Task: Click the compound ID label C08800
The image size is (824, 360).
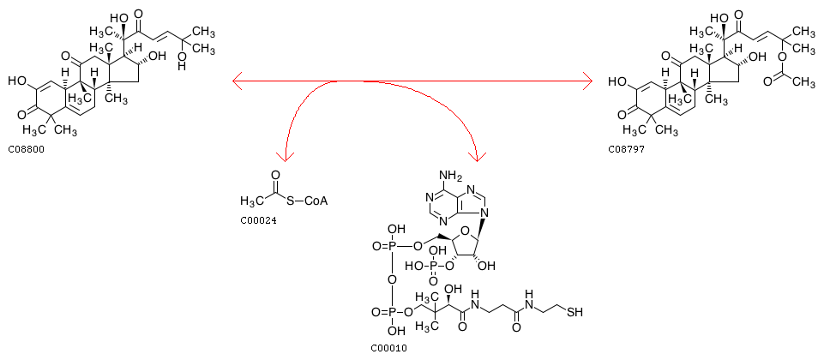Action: (26, 149)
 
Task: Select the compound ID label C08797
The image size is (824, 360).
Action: (626, 149)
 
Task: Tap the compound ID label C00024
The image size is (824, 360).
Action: (258, 221)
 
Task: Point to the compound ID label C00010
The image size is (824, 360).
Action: (389, 348)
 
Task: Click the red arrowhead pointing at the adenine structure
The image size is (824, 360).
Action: (478, 156)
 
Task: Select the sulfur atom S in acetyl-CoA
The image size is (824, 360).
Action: (291, 201)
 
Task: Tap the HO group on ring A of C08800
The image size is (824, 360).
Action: (17, 81)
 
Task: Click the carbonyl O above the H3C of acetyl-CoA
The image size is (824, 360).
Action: (275, 175)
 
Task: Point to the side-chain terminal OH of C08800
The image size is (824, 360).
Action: (182, 66)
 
